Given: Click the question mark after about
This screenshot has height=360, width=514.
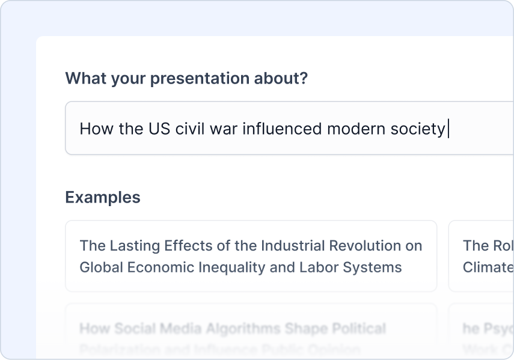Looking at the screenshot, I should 304,79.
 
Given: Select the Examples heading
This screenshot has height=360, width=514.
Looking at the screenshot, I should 103,197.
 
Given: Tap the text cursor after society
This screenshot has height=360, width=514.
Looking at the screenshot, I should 448,129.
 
